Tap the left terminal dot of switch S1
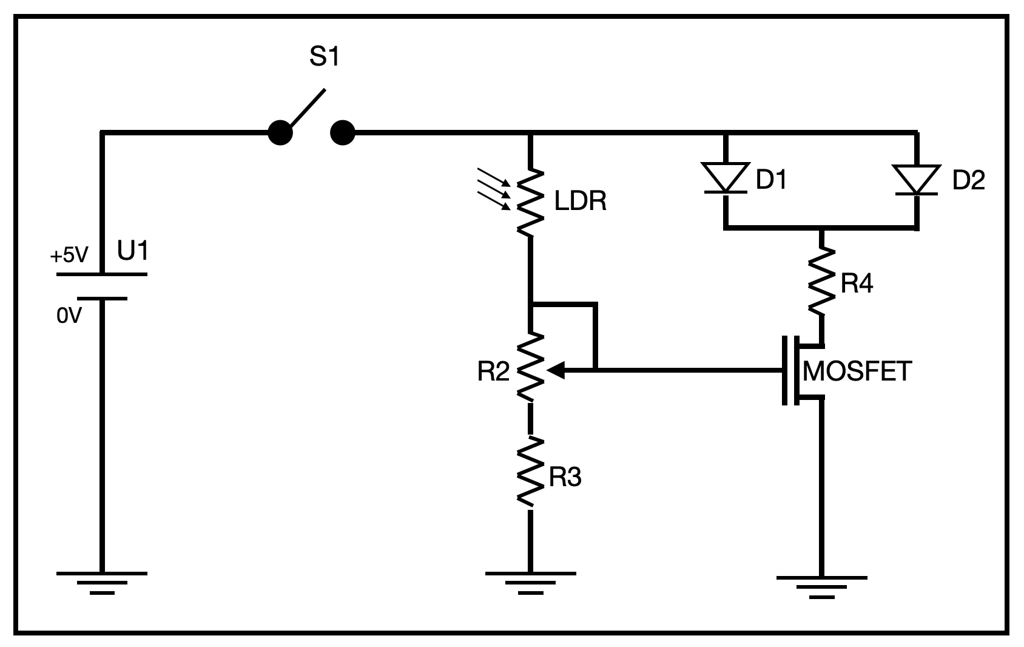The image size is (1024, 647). pos(280,132)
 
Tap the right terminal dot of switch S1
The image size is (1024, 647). pos(343,132)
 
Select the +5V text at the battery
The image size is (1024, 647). pos(69,256)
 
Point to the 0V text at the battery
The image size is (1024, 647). pos(69,316)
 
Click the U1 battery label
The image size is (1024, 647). pos(133,250)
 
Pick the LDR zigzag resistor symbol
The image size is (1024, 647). pos(530,202)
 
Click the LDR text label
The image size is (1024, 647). pos(581,202)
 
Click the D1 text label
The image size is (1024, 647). pos(771,180)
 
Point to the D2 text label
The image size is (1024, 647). pos(969,180)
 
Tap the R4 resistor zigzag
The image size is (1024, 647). pos(822,281)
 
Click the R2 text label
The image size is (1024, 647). pos(493,371)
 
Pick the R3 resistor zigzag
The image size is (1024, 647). pos(530,472)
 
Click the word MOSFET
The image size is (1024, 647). pos(857,371)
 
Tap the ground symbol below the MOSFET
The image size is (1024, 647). pos(822,586)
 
